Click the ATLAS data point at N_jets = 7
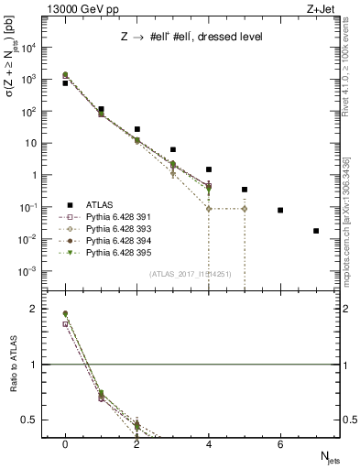pyautogui.click(x=316, y=231)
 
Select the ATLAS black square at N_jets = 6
pyautogui.click(x=280, y=210)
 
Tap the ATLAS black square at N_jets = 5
pyautogui.click(x=245, y=190)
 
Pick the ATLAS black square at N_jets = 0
pyautogui.click(x=65, y=83)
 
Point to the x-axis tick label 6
pyautogui.click(x=280, y=443)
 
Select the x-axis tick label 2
pyautogui.click(x=136, y=443)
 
